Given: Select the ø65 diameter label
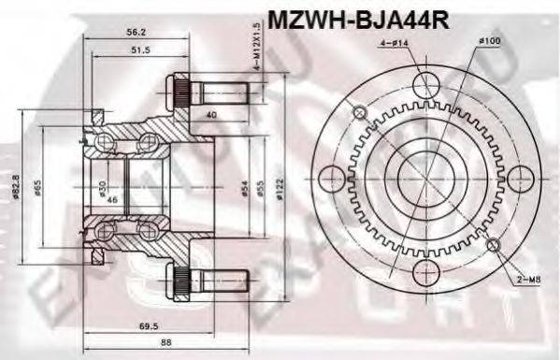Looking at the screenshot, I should click(37, 189).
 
